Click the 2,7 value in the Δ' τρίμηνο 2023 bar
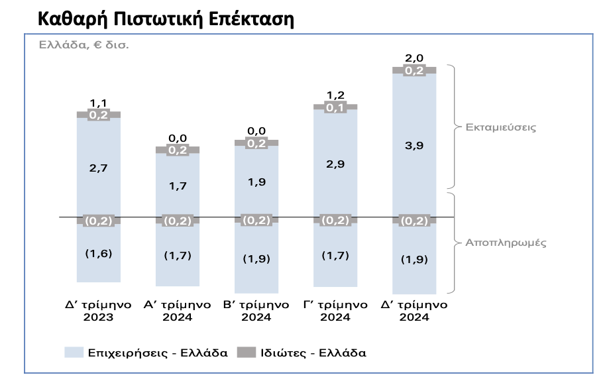coord(98,168)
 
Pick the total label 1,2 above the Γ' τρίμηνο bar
coord(335,95)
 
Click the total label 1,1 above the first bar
coord(98,103)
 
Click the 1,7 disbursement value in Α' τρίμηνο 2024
coord(177,186)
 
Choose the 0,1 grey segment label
coord(335,107)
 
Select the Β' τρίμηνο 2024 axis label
coord(256,311)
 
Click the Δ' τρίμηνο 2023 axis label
coord(98,311)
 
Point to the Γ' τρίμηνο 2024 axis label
coord(335,311)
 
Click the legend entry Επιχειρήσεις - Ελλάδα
coord(158,353)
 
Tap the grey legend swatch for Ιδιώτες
coord(250,353)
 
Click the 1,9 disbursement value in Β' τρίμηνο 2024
coord(256,182)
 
